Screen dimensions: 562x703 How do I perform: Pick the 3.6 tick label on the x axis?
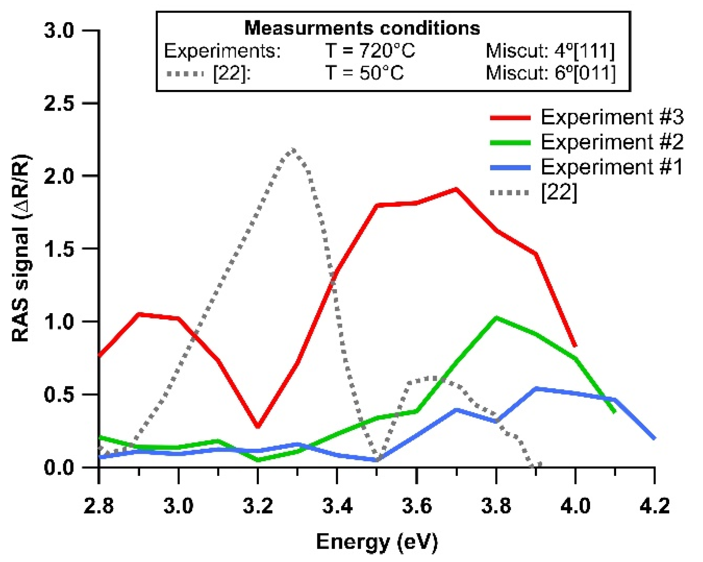(x=417, y=506)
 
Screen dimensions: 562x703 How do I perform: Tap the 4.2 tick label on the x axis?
(x=655, y=506)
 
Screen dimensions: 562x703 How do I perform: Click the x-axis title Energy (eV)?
(x=377, y=541)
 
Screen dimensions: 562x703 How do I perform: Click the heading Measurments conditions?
(x=362, y=28)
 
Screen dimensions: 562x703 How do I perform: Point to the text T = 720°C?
(x=370, y=51)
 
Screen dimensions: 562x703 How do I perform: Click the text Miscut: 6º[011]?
(x=550, y=73)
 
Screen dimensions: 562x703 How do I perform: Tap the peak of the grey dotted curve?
(x=293, y=149)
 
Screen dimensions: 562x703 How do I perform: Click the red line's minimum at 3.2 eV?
(x=258, y=426)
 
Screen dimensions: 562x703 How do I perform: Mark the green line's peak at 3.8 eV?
(x=496, y=318)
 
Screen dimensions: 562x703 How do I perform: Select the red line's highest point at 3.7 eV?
(x=456, y=189)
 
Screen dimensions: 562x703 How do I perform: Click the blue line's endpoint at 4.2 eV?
(x=654, y=438)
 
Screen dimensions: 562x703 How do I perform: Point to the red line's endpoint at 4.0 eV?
(x=575, y=346)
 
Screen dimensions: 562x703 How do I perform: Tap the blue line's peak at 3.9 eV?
(x=536, y=389)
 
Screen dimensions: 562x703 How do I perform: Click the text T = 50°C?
(x=364, y=73)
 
